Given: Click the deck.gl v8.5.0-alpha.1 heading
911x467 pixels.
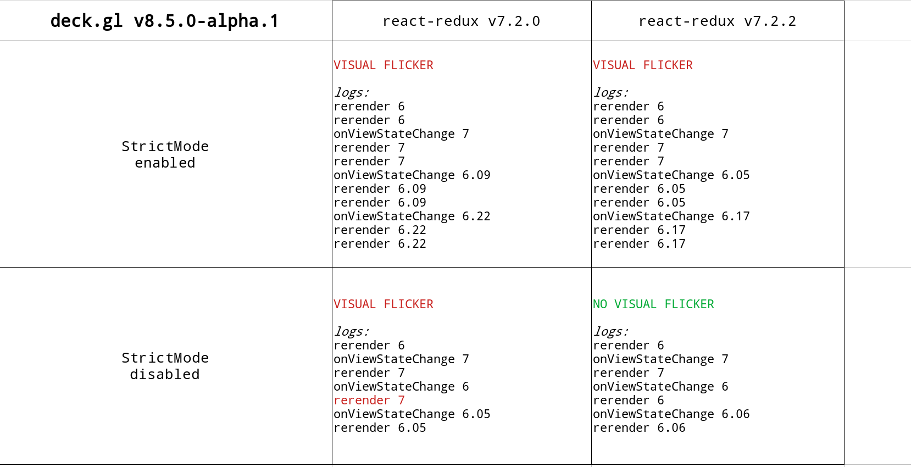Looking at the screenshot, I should click(x=164, y=21).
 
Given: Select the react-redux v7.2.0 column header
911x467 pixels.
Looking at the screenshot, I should click(x=461, y=21).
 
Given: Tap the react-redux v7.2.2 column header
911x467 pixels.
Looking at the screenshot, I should click(x=717, y=21).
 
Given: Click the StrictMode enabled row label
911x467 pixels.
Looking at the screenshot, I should click(x=165, y=154).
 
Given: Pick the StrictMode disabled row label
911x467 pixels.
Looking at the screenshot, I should click(x=165, y=366).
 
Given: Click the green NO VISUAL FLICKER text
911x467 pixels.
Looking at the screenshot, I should click(x=653, y=304).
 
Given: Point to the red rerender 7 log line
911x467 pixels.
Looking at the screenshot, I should click(x=369, y=401).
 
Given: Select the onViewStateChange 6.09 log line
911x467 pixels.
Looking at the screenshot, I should click(x=412, y=175).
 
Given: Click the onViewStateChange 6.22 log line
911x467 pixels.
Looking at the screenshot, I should click(x=412, y=216).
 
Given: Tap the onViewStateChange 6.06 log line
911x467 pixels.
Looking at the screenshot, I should click(x=671, y=414).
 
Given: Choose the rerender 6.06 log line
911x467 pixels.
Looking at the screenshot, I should click(x=639, y=428).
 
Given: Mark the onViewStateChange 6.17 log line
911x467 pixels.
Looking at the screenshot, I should click(x=671, y=216).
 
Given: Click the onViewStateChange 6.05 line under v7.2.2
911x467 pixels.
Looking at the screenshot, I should click(x=671, y=175).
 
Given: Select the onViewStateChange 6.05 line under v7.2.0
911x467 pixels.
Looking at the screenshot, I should click(x=412, y=414).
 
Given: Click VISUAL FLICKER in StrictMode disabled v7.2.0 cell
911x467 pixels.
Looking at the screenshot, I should click(x=384, y=304).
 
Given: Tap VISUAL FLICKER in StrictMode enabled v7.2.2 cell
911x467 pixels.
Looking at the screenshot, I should click(x=642, y=65).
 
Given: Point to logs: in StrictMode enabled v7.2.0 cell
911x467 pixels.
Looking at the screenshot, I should click(x=352, y=93).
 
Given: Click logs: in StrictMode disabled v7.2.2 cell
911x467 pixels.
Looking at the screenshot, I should click(x=610, y=332).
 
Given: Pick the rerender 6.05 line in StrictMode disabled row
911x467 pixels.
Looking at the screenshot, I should click(x=380, y=428).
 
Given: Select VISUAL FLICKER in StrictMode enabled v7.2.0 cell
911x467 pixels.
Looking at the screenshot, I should click(x=384, y=65).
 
